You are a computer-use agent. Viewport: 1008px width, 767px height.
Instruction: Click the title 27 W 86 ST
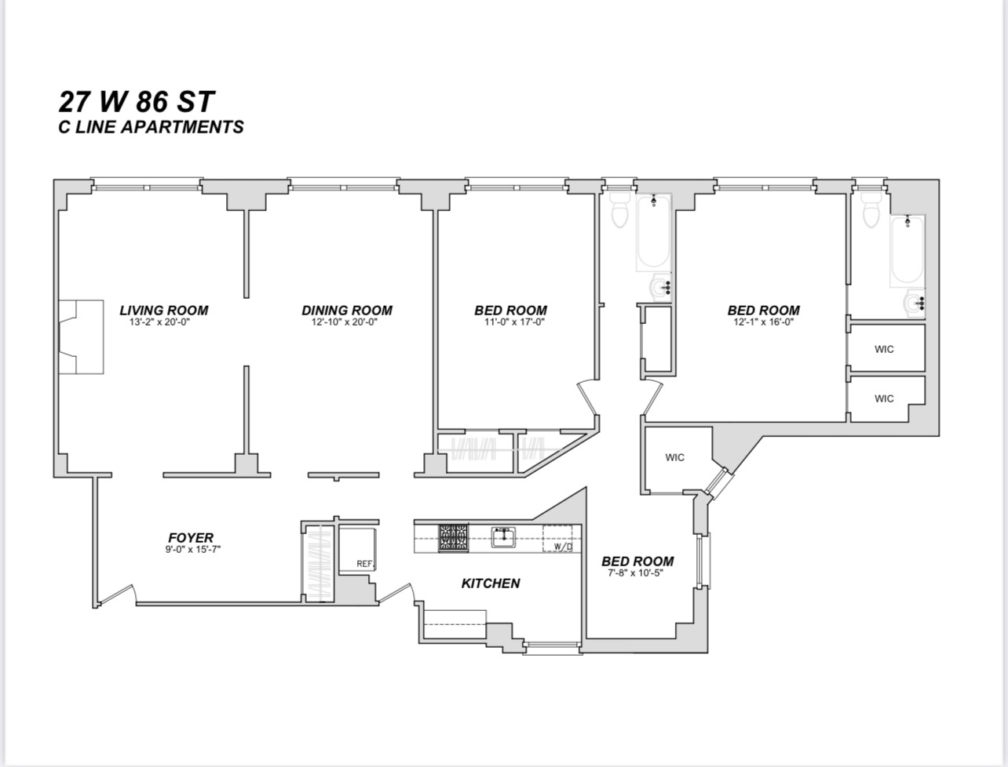137,101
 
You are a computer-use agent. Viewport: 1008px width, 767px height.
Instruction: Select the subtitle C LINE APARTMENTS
151,127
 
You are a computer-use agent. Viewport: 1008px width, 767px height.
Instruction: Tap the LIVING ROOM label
163,311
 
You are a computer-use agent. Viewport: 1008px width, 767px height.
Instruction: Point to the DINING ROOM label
346,311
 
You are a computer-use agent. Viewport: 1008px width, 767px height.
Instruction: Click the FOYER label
191,538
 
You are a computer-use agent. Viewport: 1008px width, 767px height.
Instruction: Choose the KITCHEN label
490,583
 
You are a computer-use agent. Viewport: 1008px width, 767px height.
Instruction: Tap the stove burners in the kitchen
453,537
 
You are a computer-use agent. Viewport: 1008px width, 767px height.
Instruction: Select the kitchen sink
502,536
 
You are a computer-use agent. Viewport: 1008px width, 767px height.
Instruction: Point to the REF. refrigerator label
363,563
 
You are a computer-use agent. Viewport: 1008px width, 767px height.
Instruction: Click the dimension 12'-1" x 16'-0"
763,322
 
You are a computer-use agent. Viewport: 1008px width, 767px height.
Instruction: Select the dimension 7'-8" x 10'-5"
637,573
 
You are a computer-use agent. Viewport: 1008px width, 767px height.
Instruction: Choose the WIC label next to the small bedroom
674,458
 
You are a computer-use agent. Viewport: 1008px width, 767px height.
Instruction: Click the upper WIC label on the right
884,350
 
